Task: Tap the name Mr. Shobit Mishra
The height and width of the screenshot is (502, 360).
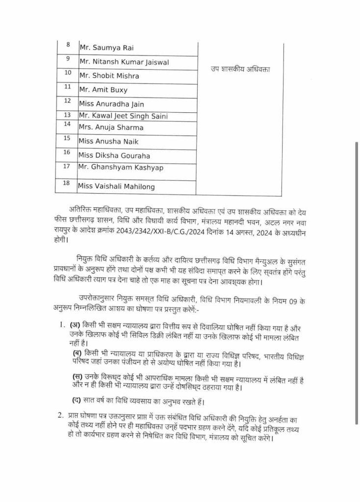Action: (x=109, y=76)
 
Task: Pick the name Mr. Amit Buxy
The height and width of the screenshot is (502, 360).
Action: (x=103, y=90)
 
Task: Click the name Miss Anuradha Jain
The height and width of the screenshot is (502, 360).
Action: (x=111, y=104)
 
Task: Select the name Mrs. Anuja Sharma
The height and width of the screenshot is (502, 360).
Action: (x=111, y=127)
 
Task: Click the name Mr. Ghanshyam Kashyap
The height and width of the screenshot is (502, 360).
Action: (x=121, y=168)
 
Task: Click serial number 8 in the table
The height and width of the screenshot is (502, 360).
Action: (x=68, y=45)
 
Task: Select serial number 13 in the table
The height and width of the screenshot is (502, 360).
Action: (x=68, y=115)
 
